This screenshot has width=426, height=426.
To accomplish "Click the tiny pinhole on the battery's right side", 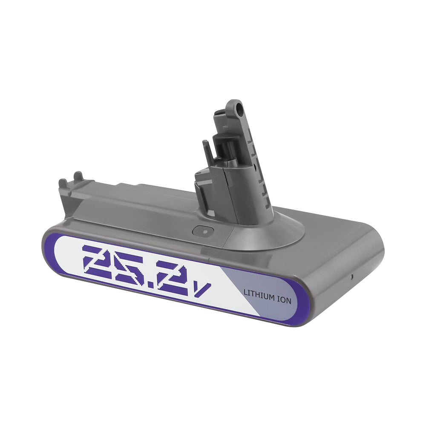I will coord(351,276).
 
